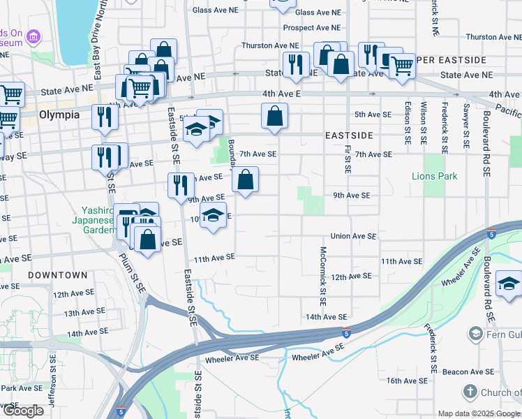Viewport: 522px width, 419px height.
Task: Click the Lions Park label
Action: point(435,176)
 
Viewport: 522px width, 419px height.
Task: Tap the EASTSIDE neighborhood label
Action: point(348,135)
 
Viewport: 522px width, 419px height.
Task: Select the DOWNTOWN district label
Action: point(58,275)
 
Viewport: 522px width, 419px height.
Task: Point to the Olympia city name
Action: point(59,115)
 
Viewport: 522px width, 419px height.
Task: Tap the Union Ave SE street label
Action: point(355,237)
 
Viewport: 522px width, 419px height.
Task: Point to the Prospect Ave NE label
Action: point(311,28)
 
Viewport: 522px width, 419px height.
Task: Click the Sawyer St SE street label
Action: point(465,126)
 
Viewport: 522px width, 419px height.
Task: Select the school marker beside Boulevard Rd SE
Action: point(509,283)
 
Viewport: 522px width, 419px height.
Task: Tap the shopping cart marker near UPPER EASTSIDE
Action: point(401,66)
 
